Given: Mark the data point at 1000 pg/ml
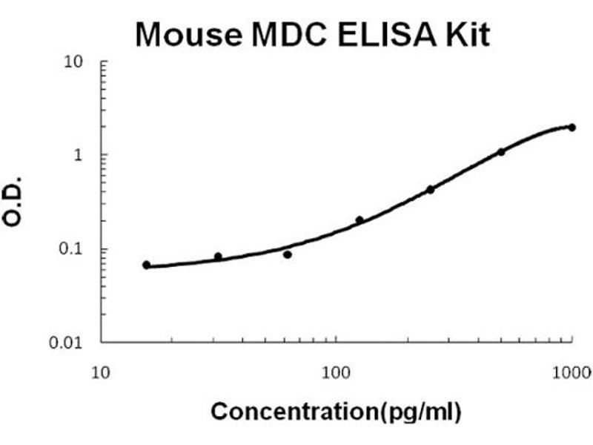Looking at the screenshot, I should point(572,128).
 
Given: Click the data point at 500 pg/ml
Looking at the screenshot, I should point(501,152).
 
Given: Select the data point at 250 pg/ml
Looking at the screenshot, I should point(431,189).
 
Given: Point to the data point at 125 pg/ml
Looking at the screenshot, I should point(360,220).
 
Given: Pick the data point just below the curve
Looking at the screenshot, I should point(288,254).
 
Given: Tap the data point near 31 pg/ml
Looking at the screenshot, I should point(218,257).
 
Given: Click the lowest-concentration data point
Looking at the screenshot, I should point(147,265).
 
